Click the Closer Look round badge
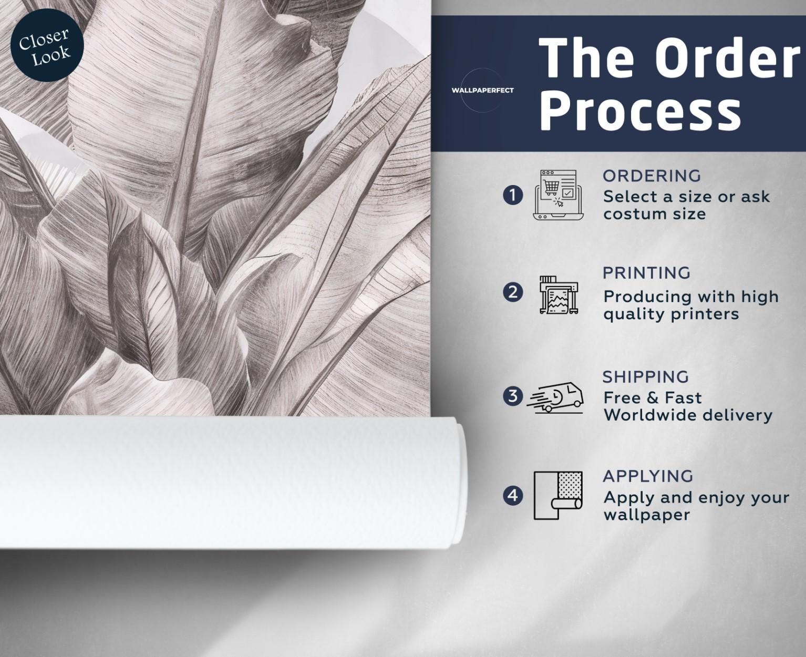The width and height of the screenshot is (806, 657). (x=47, y=45)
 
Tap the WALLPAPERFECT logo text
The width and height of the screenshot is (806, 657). (x=482, y=90)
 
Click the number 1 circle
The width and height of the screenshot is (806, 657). (x=513, y=196)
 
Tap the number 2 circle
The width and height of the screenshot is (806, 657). (x=513, y=293)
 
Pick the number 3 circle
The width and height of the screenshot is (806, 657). (x=513, y=396)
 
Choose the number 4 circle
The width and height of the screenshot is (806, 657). (x=513, y=496)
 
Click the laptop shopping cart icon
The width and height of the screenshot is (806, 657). (x=558, y=195)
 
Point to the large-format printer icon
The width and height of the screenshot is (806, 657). (x=559, y=295)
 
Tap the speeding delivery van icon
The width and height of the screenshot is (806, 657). (x=555, y=397)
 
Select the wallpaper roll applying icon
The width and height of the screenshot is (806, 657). (x=558, y=496)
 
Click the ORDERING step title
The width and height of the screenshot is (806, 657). (x=652, y=176)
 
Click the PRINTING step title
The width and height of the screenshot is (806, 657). (x=646, y=273)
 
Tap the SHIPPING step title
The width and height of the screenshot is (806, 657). (x=646, y=377)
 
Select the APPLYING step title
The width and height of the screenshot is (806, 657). (x=648, y=476)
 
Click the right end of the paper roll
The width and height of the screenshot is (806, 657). (x=464, y=483)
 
